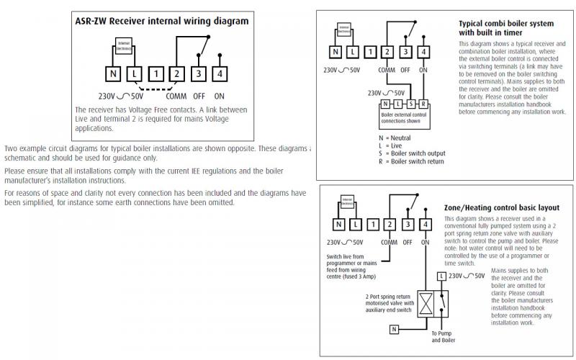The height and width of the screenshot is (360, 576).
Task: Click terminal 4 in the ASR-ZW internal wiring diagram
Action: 219,73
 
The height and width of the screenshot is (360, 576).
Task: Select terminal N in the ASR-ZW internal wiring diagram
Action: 114,73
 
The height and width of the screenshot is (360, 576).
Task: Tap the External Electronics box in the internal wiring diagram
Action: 123,48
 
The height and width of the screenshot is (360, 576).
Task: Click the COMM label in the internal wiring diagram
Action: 176,95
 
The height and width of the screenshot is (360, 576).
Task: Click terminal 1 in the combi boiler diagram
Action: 369,51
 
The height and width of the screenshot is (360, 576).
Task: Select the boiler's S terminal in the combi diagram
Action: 412,105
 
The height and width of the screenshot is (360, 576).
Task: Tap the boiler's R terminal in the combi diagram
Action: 423,105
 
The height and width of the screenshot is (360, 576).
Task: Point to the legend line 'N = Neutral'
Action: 395,136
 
